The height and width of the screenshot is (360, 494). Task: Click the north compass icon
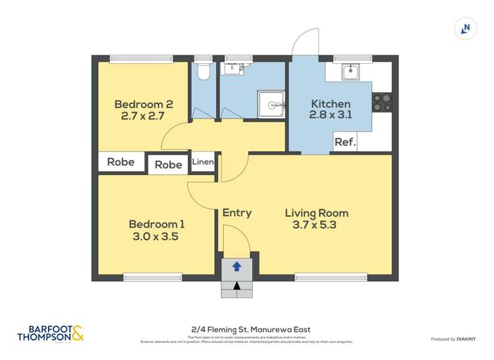(x=466, y=28)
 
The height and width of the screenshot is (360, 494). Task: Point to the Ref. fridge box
(x=345, y=142)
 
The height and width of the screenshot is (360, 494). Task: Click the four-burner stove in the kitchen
(x=382, y=103)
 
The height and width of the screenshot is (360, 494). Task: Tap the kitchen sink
(x=350, y=71)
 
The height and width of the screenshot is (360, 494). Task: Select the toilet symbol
(x=204, y=71)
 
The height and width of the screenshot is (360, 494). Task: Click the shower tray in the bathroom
(x=271, y=105)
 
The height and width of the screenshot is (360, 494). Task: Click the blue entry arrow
(x=236, y=267)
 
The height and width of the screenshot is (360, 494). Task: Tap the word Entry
(x=236, y=213)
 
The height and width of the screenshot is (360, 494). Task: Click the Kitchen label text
(x=331, y=104)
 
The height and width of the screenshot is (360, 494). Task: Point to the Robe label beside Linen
(x=168, y=165)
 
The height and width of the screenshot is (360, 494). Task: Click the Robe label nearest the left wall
(x=121, y=161)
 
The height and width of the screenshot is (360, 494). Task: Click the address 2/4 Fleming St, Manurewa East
(x=247, y=330)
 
